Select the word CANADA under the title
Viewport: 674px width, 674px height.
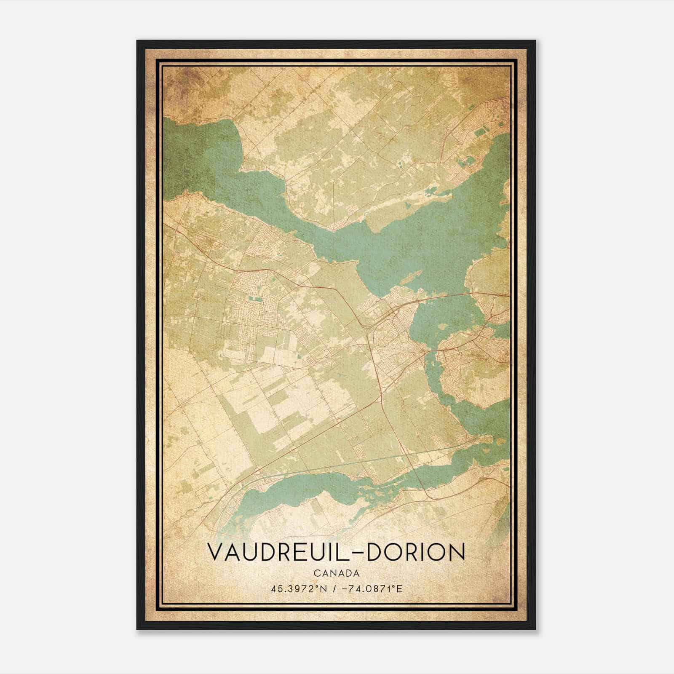coord(336,573)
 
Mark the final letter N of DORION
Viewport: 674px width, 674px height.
coord(457,552)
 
